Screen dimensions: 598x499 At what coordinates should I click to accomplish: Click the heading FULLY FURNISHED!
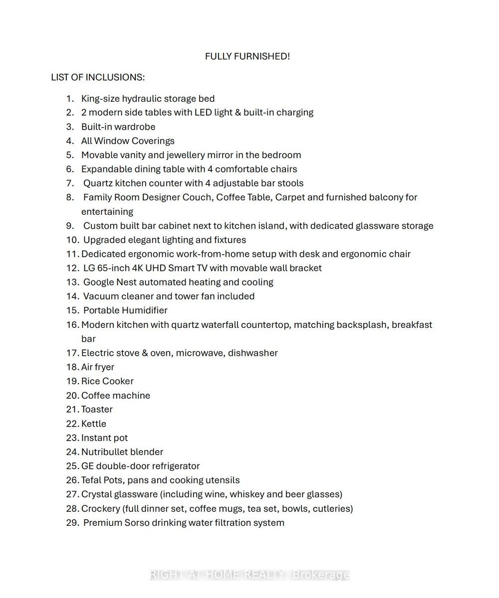[247, 56]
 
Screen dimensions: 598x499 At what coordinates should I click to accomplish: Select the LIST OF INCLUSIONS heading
[98, 77]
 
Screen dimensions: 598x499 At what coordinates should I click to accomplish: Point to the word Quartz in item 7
[98, 183]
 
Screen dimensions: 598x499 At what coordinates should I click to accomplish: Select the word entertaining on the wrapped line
[107, 211]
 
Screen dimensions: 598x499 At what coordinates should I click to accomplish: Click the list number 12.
[73, 268]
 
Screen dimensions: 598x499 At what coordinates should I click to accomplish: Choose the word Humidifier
[145, 310]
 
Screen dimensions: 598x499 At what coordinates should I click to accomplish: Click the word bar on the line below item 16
[88, 339]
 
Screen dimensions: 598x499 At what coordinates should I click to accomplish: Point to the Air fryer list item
[98, 367]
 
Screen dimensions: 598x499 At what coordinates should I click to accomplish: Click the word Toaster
[97, 409]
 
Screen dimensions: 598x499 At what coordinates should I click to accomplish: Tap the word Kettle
[94, 424]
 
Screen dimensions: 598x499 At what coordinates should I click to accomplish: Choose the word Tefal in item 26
[91, 480]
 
